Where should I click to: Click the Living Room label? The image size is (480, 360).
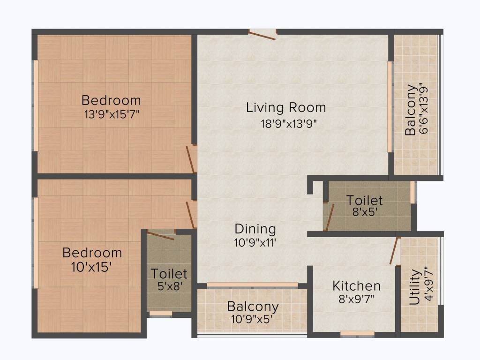pyautogui.click(x=286, y=108)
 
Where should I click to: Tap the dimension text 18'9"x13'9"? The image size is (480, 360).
pyautogui.click(x=289, y=124)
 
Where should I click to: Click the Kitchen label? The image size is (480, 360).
pyautogui.click(x=356, y=286)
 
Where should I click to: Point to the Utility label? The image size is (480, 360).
pyautogui.click(x=414, y=287)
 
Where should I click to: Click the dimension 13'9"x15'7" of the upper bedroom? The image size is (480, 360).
pyautogui.click(x=112, y=114)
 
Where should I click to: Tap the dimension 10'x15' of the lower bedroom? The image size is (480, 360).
pyautogui.click(x=91, y=267)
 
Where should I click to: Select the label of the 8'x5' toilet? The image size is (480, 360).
pyautogui.click(x=364, y=201)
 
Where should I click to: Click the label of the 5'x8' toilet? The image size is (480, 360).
pyautogui.click(x=169, y=273)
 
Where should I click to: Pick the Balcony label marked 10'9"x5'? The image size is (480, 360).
pyautogui.click(x=253, y=307)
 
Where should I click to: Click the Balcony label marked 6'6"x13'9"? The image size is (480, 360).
pyautogui.click(x=411, y=110)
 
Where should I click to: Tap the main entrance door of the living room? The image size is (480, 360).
pyautogui.click(x=262, y=35)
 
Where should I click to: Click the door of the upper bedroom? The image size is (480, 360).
pyautogui.click(x=191, y=159)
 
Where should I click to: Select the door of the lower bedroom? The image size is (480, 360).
pyautogui.click(x=191, y=215)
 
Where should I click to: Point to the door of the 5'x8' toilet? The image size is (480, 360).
pyautogui.click(x=160, y=235)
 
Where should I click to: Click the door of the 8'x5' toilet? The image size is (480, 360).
pyautogui.click(x=329, y=217)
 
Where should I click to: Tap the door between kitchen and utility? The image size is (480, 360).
pyautogui.click(x=395, y=250)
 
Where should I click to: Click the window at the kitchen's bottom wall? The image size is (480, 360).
pyautogui.click(x=357, y=334)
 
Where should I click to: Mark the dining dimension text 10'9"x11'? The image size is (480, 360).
pyautogui.click(x=255, y=243)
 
